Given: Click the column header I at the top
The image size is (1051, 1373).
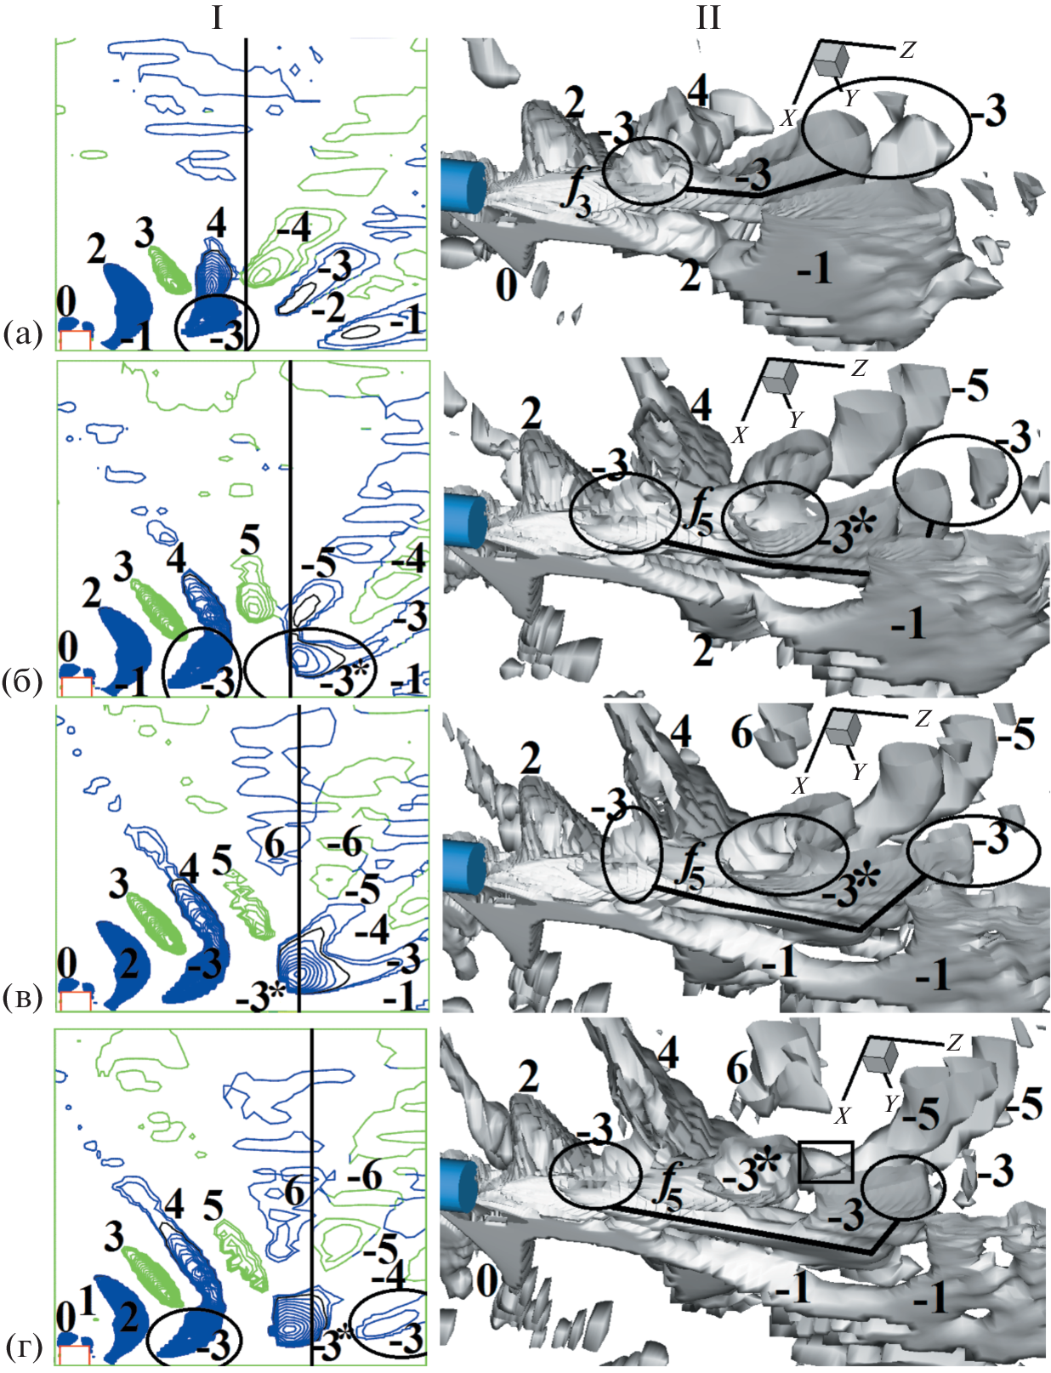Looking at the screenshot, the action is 218,20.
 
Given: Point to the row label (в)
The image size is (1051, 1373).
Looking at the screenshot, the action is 23,998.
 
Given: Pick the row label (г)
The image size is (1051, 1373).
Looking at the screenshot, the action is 24,1347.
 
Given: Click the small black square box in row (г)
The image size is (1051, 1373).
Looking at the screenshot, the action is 826,1162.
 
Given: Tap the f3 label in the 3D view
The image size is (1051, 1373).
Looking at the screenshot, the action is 577,187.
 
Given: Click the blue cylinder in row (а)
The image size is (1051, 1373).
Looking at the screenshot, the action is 462,185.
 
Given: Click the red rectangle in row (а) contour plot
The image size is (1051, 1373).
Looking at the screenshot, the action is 75,339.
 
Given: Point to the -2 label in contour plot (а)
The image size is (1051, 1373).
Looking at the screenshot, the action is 328,309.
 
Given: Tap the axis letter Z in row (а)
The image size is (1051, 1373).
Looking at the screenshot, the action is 907,50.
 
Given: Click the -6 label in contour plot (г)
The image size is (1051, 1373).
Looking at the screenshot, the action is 364,1178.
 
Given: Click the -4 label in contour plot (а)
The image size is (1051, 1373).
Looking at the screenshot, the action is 293,230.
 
